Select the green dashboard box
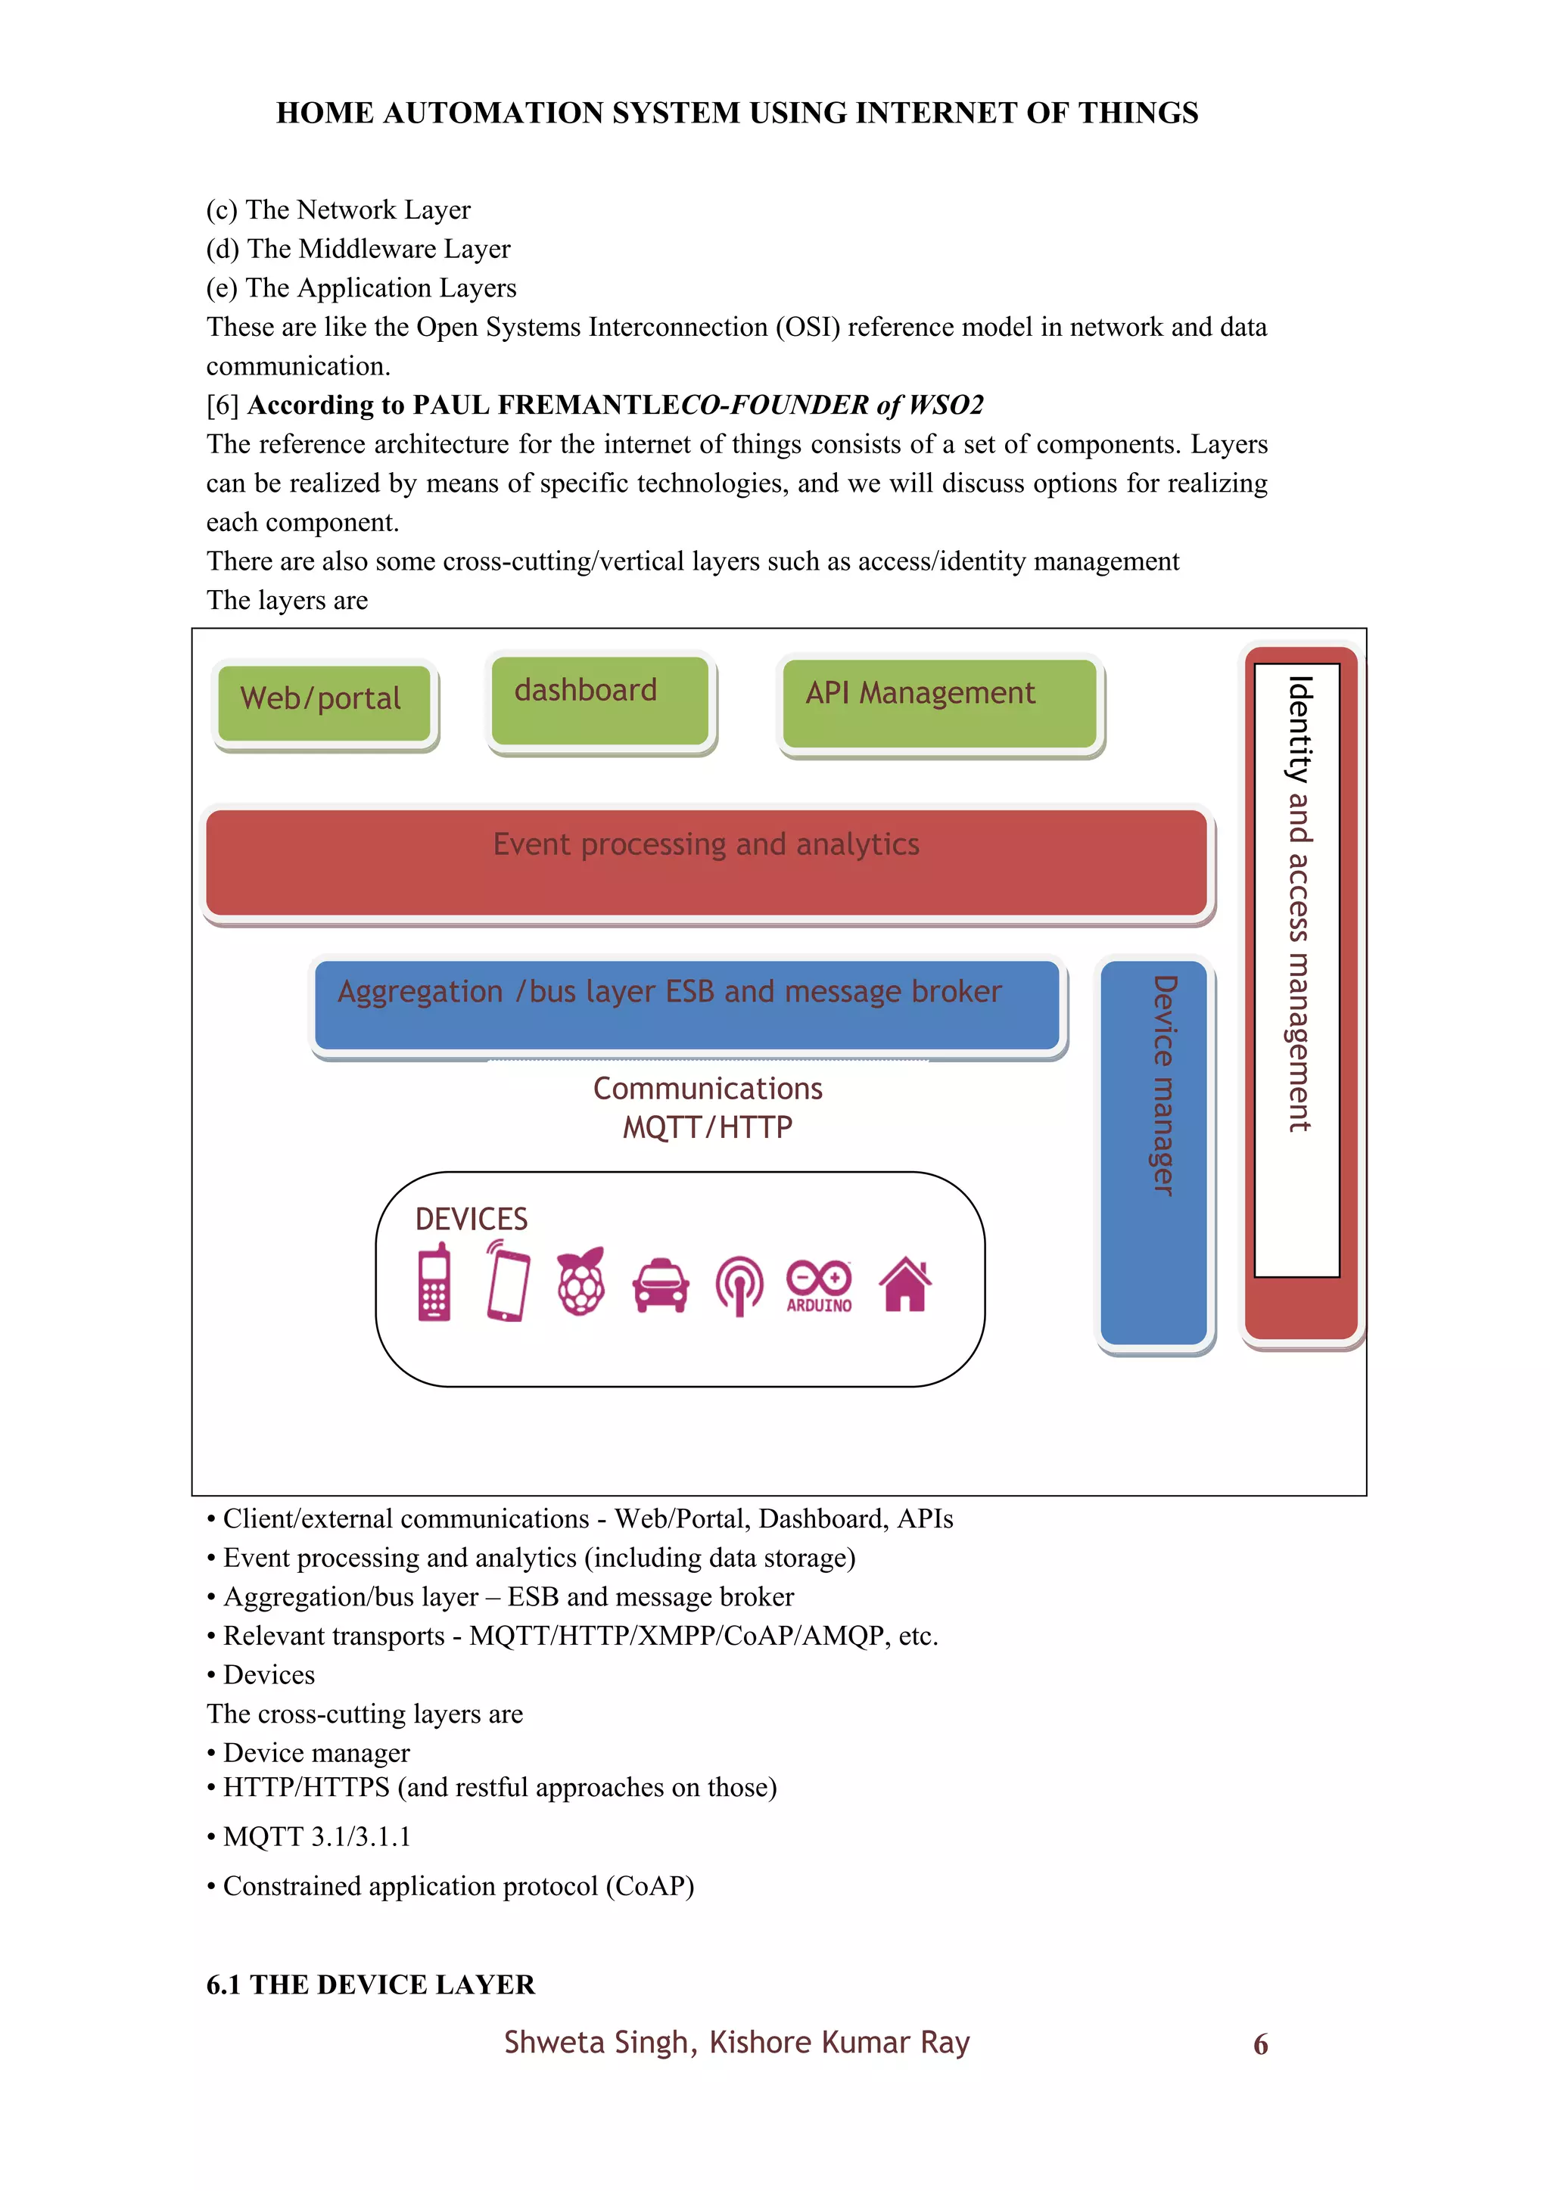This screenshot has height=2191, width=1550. point(599,700)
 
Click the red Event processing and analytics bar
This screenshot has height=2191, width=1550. point(706,862)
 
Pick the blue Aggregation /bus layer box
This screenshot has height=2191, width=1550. point(687,1004)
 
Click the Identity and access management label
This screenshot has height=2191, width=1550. point(1298,903)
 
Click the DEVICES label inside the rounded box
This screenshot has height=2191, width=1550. point(472,1219)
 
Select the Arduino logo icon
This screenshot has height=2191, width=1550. point(819,1285)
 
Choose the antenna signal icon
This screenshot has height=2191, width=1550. point(739,1285)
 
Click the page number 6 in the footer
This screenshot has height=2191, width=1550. point(1260,2044)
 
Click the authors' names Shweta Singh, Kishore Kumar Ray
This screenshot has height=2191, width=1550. point(737,2042)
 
